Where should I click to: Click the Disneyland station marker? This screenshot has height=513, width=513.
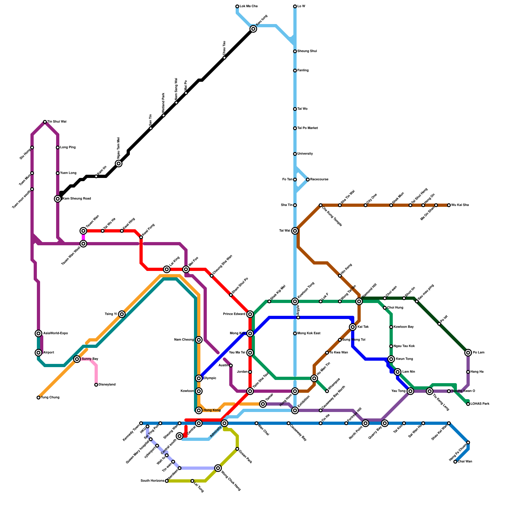tap(96, 385)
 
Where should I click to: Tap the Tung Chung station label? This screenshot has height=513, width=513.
tap(50, 398)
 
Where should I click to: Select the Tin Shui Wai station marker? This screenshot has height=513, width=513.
tap(45, 122)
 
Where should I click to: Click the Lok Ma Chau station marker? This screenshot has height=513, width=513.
tap(237, 6)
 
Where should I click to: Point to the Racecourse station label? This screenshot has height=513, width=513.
tap(319, 180)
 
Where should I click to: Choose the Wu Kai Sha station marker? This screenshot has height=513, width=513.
tap(449, 205)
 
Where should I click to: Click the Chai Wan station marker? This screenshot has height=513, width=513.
tap(455, 462)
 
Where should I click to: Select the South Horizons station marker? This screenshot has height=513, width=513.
tap(167, 481)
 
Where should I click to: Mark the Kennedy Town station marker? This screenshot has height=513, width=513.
tap(141, 423)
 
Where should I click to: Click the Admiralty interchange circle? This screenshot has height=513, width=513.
tap(224, 423)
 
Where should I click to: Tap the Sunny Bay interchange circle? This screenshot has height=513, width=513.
tap(77, 359)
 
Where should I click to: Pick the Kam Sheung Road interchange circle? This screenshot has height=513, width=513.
tap(58, 199)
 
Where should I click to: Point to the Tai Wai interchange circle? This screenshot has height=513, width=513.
tap(295, 231)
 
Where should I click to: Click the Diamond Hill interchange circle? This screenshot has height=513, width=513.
tap(359, 301)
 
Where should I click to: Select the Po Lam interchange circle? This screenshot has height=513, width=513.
tap(468, 353)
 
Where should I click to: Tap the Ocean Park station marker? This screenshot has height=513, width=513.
tap(237, 449)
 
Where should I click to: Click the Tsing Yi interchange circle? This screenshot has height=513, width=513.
tap(122, 314)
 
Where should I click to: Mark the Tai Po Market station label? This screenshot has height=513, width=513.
tap(307, 128)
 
